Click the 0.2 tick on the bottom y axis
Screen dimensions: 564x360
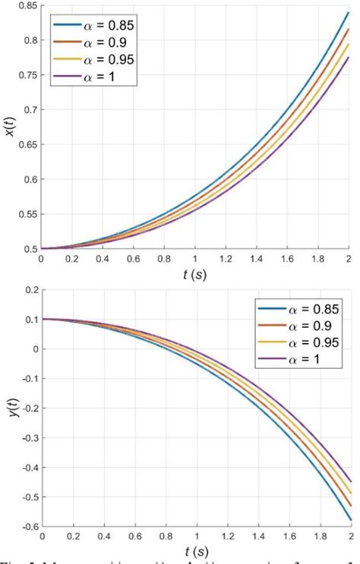click(x=28, y=290)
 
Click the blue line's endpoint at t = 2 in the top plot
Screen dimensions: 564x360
click(x=349, y=13)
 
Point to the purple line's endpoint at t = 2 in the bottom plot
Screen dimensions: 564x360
click(x=349, y=482)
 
